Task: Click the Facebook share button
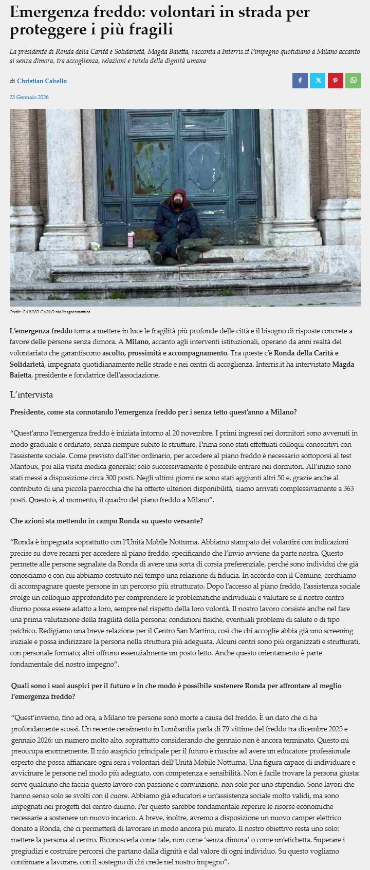click(300, 81)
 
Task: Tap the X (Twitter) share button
click(318, 81)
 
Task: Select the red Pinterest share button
click(335, 81)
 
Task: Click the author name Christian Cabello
click(42, 81)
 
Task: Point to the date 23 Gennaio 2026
click(29, 97)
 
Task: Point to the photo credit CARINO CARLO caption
click(50, 312)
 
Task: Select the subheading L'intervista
click(32, 395)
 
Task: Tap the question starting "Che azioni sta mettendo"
click(106, 521)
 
